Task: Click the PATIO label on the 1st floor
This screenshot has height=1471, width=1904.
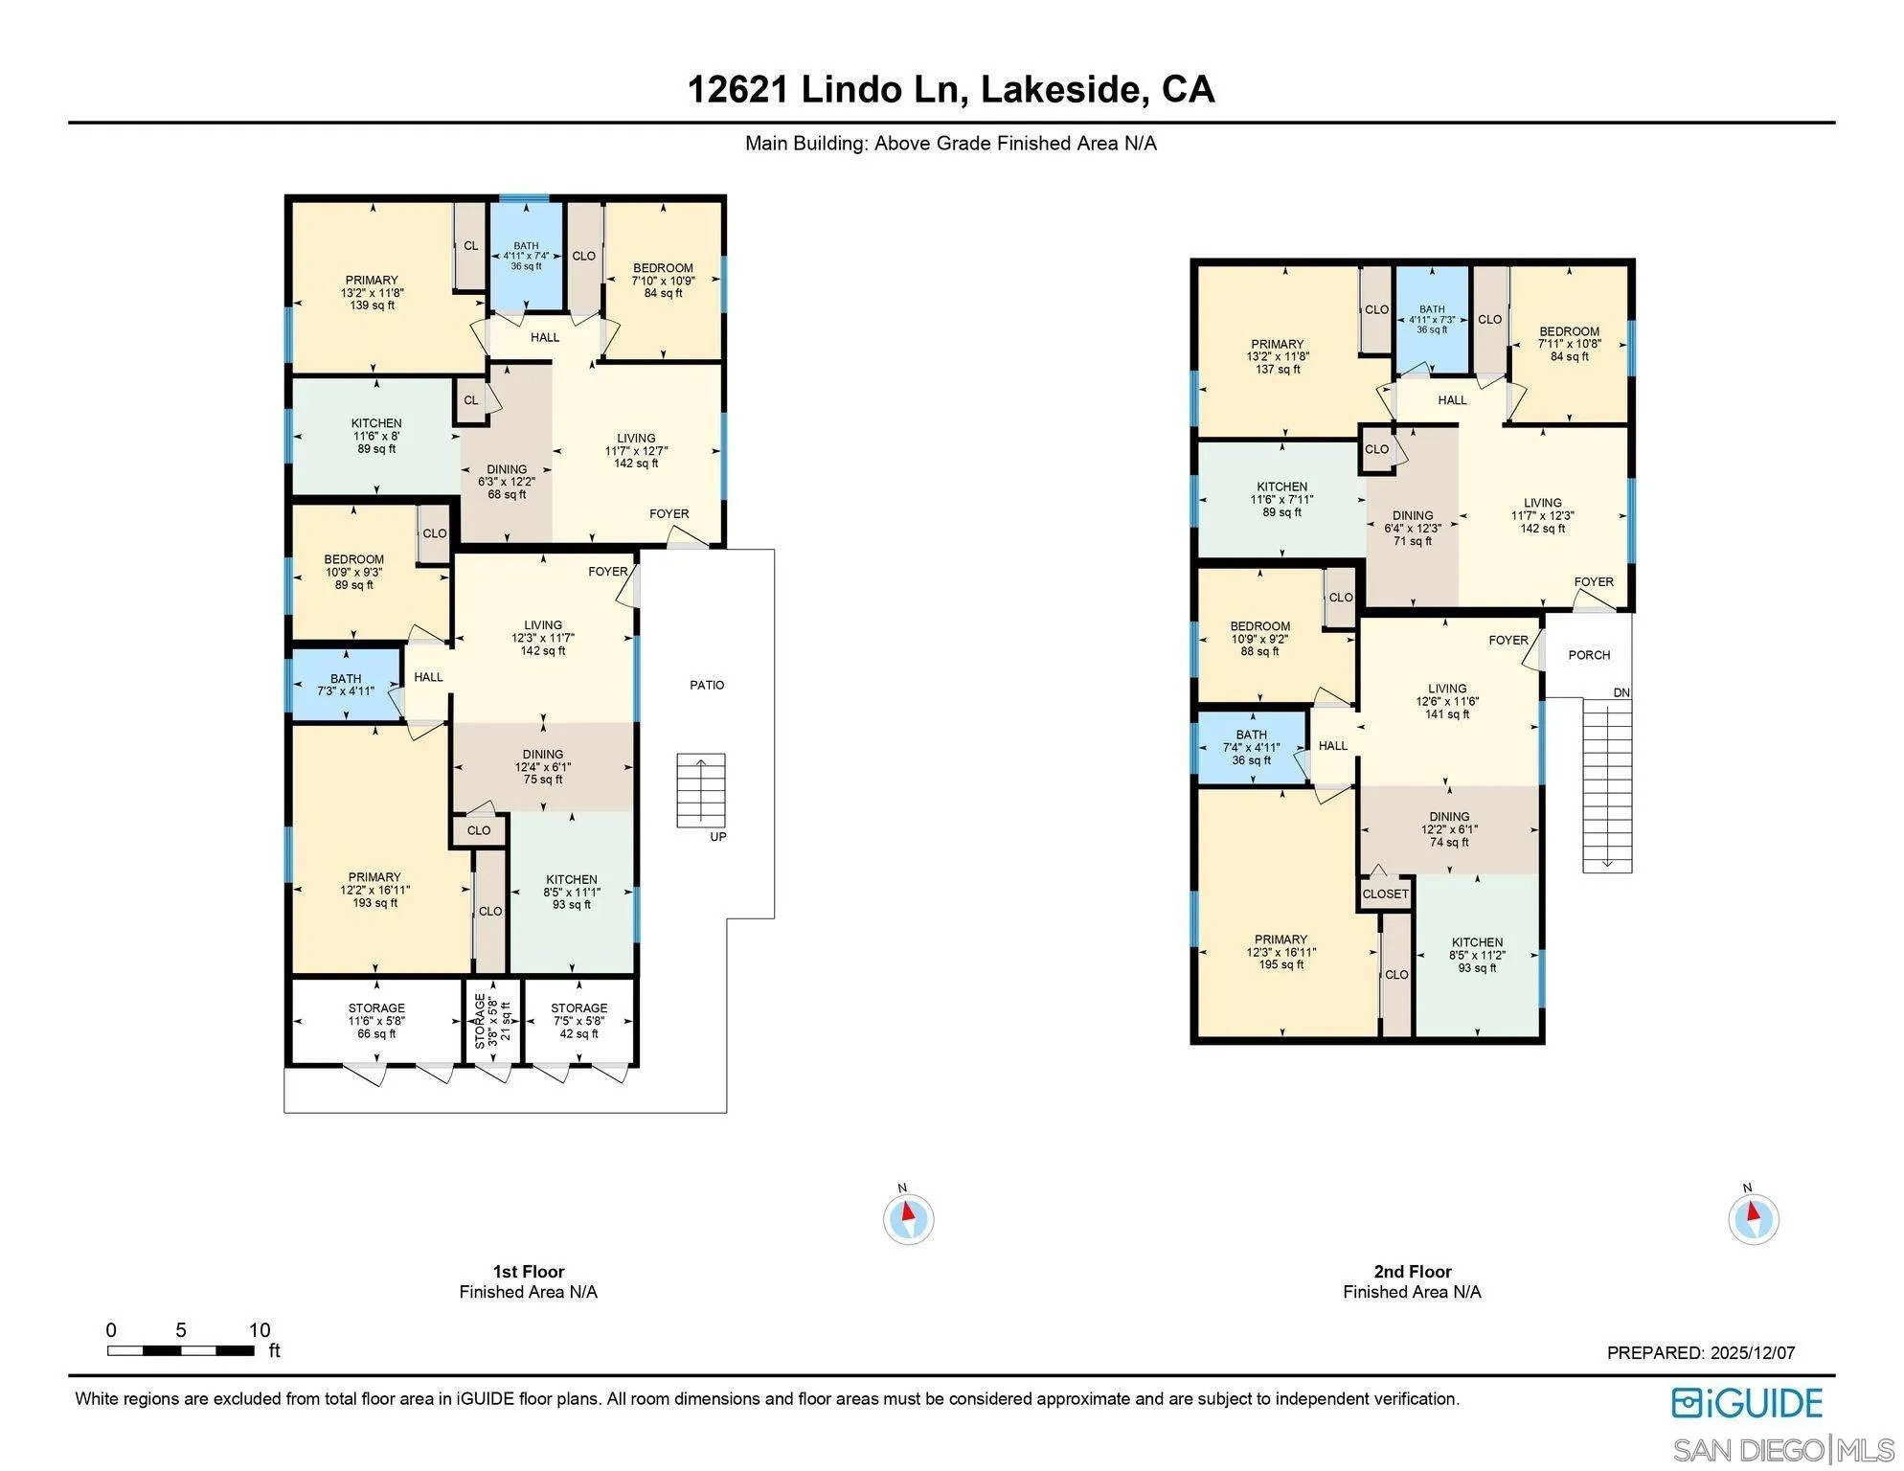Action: coord(707,685)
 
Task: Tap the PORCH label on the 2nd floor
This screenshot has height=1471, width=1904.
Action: coord(1589,655)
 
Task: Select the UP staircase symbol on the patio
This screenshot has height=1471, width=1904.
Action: coord(700,790)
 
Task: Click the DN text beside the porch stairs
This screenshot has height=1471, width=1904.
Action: coord(1621,692)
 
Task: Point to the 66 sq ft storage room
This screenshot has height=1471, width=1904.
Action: coord(376,1021)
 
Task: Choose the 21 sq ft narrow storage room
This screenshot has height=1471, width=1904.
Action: coord(492,1021)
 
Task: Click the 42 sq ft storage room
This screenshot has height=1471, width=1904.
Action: coord(578,1021)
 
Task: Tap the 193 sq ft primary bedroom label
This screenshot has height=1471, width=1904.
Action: coord(374,890)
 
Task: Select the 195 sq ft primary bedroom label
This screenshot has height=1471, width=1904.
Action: coord(1281,952)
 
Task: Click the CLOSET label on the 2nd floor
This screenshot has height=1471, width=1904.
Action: coord(1385,894)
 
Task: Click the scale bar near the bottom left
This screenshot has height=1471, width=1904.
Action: coord(180,1350)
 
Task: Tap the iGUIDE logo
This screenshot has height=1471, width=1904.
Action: coord(1747,1403)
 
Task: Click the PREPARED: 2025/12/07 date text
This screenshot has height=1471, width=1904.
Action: coord(1700,1353)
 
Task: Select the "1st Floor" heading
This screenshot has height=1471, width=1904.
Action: coord(529,1272)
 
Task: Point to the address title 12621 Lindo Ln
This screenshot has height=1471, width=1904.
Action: coord(951,90)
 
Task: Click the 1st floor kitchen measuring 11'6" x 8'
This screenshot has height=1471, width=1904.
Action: coord(376,436)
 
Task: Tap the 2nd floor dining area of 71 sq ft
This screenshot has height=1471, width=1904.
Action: coord(1413,528)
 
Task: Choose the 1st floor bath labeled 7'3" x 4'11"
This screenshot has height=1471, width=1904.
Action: coord(346,685)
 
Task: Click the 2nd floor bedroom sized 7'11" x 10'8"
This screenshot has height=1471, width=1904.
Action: coord(1569,344)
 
